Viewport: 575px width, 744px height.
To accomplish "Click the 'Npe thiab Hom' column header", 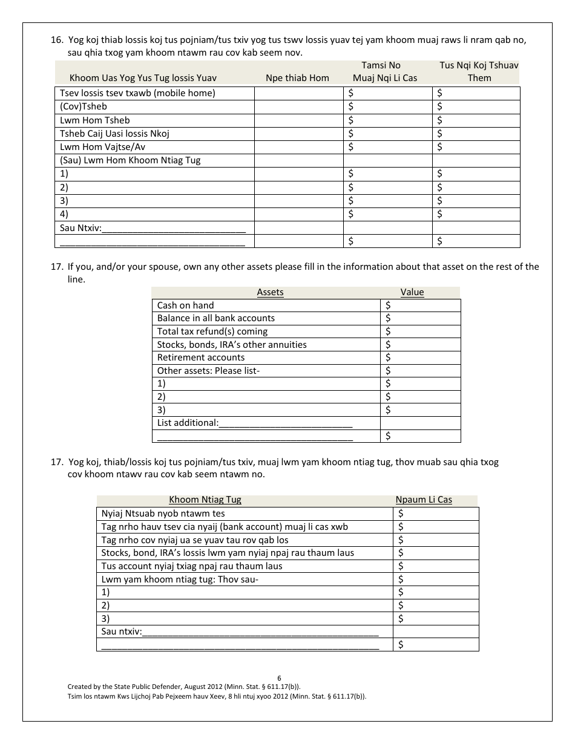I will pyautogui.click(x=298, y=77).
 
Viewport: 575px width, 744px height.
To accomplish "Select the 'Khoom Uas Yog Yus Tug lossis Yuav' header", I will pyautogui.click(x=143, y=77).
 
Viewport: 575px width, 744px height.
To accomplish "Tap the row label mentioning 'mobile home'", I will pyautogui.click(x=137, y=93).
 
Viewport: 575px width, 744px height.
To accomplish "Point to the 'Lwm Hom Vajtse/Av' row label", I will pyautogui.click(x=102, y=147).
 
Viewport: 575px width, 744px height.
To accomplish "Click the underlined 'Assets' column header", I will pyautogui.click(x=270, y=292).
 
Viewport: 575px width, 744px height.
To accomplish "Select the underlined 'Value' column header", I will pyautogui.click(x=412, y=292).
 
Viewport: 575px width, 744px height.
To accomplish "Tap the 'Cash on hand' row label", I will pyautogui.click(x=185, y=305).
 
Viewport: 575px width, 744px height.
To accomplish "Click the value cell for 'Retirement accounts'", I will pyautogui.click(x=421, y=357).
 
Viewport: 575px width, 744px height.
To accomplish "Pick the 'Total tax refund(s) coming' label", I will pyautogui.click(x=212, y=331).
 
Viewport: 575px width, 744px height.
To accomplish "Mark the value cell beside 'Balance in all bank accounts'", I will pyautogui.click(x=421, y=318).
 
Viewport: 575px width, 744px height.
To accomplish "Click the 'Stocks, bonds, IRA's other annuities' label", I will pyautogui.click(x=232, y=345).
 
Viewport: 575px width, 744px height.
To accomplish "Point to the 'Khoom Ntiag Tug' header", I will pyautogui.click(x=205, y=500).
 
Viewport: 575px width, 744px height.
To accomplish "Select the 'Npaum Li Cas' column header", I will pyautogui.click(x=424, y=500).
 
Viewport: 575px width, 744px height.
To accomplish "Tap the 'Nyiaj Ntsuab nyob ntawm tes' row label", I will pyautogui.click(x=163, y=514).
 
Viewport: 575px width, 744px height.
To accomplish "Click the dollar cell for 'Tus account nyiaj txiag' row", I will pyautogui.click(x=436, y=566).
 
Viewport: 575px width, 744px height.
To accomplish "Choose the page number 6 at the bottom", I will pyautogui.click(x=279, y=678).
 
